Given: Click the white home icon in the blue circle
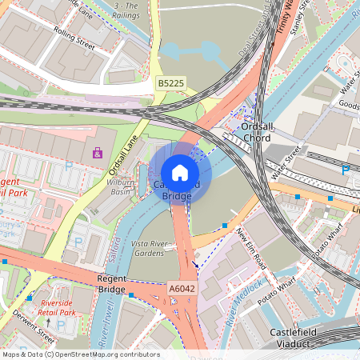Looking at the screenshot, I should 180,172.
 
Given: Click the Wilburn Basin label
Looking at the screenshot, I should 120,187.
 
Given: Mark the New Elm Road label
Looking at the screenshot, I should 250,246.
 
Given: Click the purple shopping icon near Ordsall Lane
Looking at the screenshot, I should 98,153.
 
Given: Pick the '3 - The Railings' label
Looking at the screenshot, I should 126,10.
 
